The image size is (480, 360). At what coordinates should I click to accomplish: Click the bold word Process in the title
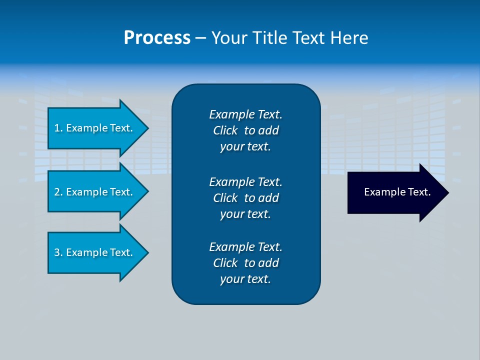[157, 38]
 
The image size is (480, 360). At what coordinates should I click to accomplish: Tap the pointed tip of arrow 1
[146, 128]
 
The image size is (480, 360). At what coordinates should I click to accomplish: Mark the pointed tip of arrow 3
[146, 252]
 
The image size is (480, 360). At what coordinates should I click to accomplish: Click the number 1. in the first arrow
[58, 128]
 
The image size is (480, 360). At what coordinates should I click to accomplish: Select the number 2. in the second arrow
[58, 192]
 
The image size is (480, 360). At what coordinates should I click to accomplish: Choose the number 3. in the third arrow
[58, 252]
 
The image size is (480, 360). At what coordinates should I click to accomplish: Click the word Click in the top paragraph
[225, 131]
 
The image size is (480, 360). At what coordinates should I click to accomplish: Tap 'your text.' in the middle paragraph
[245, 214]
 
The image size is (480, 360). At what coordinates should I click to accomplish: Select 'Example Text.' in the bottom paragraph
[245, 247]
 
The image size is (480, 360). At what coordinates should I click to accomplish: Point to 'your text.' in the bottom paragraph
[245, 279]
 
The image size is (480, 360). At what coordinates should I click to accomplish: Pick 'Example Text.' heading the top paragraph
[245, 114]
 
